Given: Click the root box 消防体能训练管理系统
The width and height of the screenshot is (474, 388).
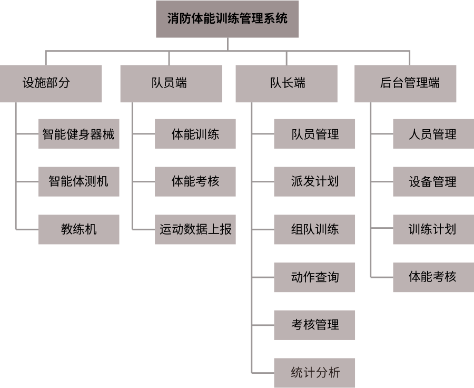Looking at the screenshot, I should coord(227,19).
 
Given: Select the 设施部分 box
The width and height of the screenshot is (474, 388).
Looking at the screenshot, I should coord(51,83).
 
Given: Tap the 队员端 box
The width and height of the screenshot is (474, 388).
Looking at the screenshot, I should coord(171,83).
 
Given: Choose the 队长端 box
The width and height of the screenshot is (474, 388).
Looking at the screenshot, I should coord(286,83).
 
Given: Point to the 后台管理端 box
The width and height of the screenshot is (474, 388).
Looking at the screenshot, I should coord(405,83).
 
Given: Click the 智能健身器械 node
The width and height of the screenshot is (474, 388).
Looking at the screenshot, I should coord(78,134).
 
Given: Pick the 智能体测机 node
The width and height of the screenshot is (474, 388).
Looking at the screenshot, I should coord(78,182).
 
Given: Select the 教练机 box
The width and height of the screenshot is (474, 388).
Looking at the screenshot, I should coord(78,229).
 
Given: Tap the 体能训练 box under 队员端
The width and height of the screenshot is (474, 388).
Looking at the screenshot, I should coord(195,134).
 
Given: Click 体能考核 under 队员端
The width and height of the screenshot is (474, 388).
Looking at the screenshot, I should coord(195,182).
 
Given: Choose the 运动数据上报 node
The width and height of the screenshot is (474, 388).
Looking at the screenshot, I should coord(195,229).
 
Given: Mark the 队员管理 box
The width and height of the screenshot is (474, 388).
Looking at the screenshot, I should coord(314,134).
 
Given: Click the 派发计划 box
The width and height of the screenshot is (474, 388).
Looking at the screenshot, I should coord(314,182).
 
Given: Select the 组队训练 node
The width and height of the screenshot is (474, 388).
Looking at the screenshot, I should coord(314,229).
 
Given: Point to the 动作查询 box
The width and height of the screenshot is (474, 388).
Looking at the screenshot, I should coord(314,277).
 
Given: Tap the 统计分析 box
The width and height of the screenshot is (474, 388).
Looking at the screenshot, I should coord(314,373).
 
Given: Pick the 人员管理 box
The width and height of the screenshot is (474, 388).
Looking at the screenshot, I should coord(432,134).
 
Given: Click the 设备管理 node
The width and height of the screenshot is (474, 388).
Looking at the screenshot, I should coord(432,182).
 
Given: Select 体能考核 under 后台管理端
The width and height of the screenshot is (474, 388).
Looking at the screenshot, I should coord(432,277).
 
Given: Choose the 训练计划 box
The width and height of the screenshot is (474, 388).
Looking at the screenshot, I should coord(432,229).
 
